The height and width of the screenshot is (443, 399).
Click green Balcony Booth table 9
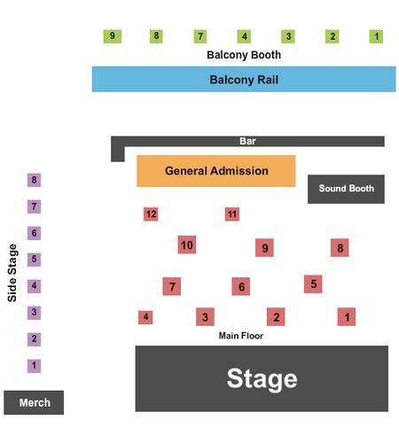click(113, 36)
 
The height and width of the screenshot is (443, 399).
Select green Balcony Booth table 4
click(244, 36)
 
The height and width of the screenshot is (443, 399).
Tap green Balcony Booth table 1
click(376, 36)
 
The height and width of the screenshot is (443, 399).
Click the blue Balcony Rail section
click(244, 79)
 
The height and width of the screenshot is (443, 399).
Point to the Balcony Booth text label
click(244, 55)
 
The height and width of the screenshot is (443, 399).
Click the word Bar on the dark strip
click(247, 141)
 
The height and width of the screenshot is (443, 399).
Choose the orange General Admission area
click(216, 171)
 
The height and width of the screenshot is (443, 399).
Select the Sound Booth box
click(346, 189)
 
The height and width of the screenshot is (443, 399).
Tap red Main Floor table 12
click(151, 214)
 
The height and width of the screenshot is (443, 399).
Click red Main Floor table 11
click(232, 214)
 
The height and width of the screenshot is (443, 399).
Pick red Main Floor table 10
click(187, 245)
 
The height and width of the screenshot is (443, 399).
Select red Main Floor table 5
click(313, 284)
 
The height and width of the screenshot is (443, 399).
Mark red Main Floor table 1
click(347, 317)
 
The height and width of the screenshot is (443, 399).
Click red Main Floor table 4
click(145, 317)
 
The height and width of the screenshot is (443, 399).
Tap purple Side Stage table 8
click(34, 180)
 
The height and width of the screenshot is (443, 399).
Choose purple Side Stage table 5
click(34, 260)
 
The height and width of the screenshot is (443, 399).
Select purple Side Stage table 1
click(34, 366)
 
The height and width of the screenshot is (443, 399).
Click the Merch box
click(34, 402)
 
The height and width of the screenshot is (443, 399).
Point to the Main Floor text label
click(241, 336)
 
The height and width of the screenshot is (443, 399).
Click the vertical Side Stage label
click(12, 273)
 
